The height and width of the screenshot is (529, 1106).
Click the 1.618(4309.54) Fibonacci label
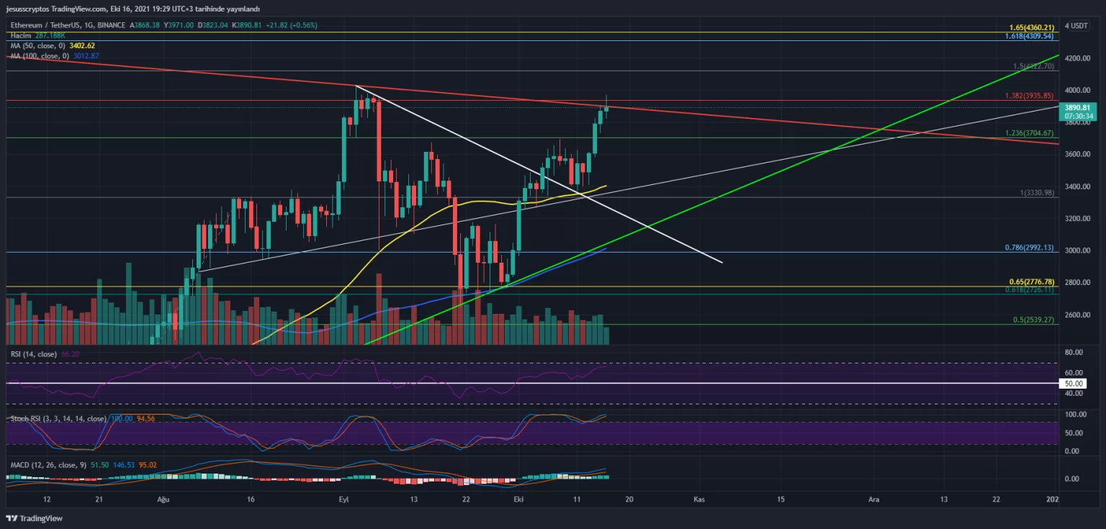pyautogui.click(x=1030, y=36)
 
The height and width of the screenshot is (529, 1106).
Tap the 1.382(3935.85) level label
pyautogui.click(x=1030, y=96)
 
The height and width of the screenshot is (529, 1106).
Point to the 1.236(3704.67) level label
pyautogui.click(x=1030, y=133)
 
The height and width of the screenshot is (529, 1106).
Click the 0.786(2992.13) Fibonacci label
pyautogui.click(x=1030, y=248)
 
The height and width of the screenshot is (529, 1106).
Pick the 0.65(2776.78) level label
pyautogui.click(x=1031, y=282)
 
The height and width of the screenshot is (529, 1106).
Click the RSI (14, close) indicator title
pyautogui.click(x=32, y=354)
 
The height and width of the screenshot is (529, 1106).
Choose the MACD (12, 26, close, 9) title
pyautogui.click(x=48, y=465)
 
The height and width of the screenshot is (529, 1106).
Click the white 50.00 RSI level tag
pyautogui.click(x=1073, y=383)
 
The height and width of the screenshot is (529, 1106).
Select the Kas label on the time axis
pyautogui.click(x=698, y=499)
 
